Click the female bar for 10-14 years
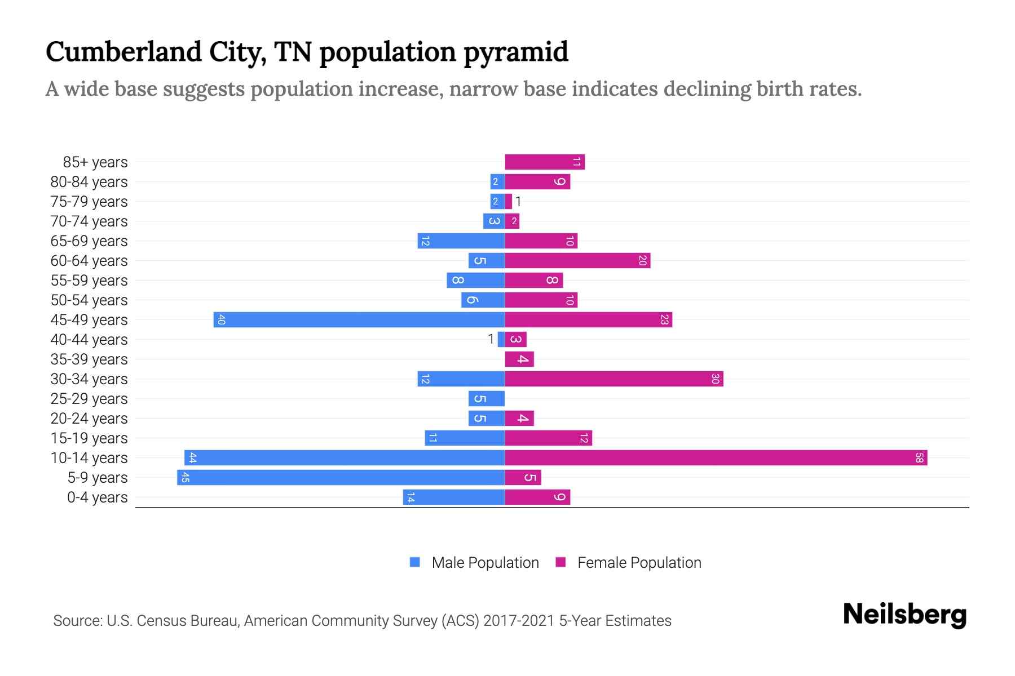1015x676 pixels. point(716,457)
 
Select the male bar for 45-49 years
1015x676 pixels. point(359,319)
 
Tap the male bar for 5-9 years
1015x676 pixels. point(341,477)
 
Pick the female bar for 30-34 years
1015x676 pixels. point(614,379)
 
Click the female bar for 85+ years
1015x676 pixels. point(545,162)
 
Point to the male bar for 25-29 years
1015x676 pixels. point(486,398)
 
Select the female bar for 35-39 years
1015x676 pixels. point(519,359)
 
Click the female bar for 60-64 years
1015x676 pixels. point(577,260)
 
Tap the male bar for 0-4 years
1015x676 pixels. point(454,497)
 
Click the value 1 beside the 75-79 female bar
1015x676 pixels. point(518,202)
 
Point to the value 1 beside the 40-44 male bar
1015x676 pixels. point(491,339)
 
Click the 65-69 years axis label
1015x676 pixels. point(89,241)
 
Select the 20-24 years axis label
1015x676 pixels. point(89,419)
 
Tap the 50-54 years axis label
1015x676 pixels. point(89,300)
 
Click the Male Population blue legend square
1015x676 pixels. point(415,562)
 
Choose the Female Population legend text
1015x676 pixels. point(639,562)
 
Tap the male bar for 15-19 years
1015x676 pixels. point(465,438)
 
